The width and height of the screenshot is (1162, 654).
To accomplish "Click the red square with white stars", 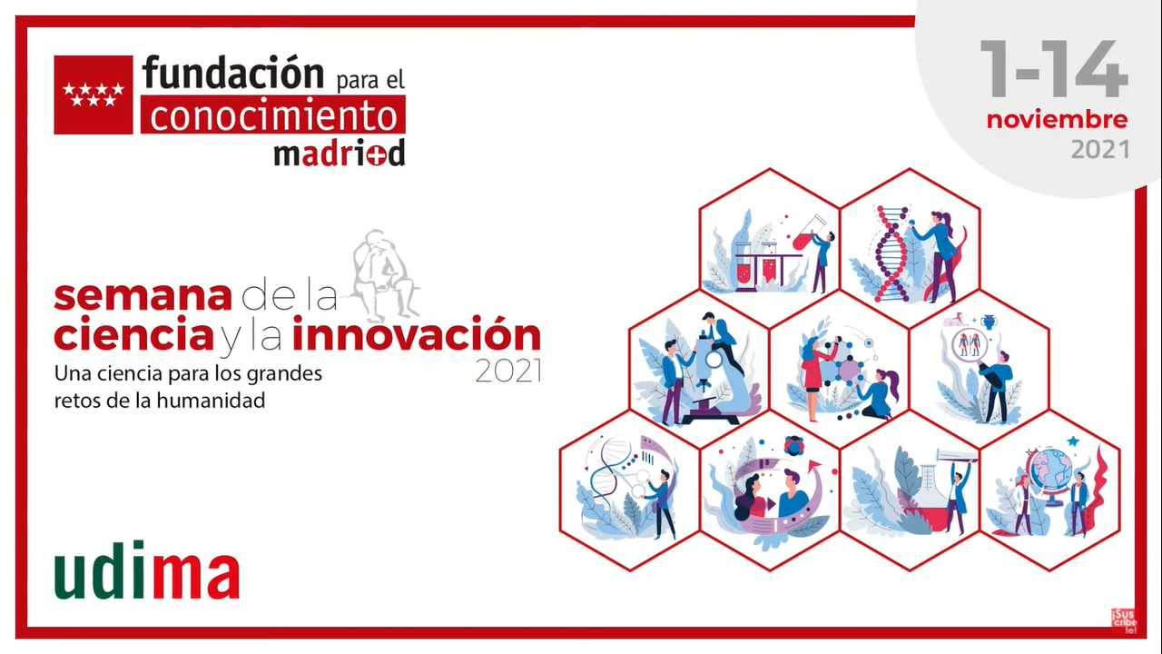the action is pos(94,95).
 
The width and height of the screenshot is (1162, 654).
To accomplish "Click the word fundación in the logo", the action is pos(233,73).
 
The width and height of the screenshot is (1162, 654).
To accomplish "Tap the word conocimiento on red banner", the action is pos(273,114).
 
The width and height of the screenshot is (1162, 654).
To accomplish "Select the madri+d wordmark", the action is pos(340,153).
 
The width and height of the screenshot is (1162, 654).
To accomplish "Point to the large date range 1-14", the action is pos(1054,68).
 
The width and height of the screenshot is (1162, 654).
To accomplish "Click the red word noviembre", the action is pos(1058,120).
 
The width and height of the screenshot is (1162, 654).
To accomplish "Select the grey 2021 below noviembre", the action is pos(1100,150).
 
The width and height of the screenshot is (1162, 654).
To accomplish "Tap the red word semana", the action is pos(143,296).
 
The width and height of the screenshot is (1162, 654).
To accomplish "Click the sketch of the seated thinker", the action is pos(384,275).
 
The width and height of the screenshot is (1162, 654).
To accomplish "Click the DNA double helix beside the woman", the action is pos(892,253).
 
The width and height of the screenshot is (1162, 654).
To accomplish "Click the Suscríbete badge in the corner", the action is pos(1124,620).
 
